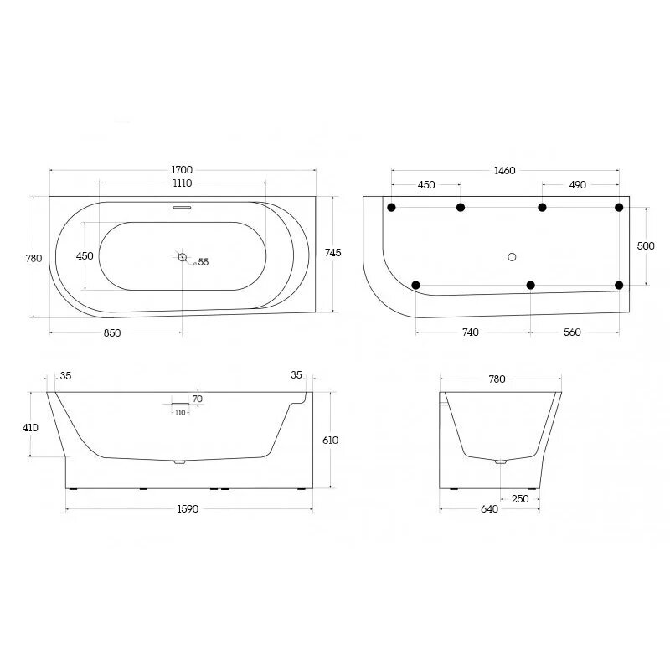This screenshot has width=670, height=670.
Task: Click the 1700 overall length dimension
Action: pyautogui.click(x=182, y=170)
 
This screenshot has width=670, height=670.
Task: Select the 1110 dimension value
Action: pyautogui.click(x=182, y=183)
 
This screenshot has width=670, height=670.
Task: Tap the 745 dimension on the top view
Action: pyautogui.click(x=332, y=253)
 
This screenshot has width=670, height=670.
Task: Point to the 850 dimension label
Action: pyautogui.click(x=112, y=332)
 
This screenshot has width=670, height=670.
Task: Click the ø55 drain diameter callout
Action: pyautogui.click(x=201, y=262)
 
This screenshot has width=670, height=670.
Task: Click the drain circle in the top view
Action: pyautogui.click(x=183, y=257)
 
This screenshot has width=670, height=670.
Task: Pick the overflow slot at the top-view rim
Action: pyautogui.click(x=182, y=207)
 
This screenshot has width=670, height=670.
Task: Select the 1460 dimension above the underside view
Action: pyautogui.click(x=505, y=171)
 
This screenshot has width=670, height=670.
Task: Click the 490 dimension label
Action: pyautogui.click(x=577, y=185)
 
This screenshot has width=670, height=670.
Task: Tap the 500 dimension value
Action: pyautogui.click(x=646, y=245)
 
